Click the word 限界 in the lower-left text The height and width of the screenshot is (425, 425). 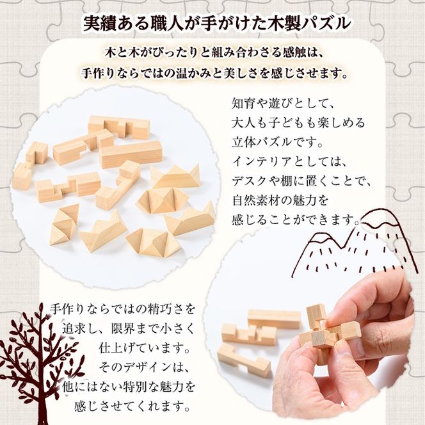coord(118,330)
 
